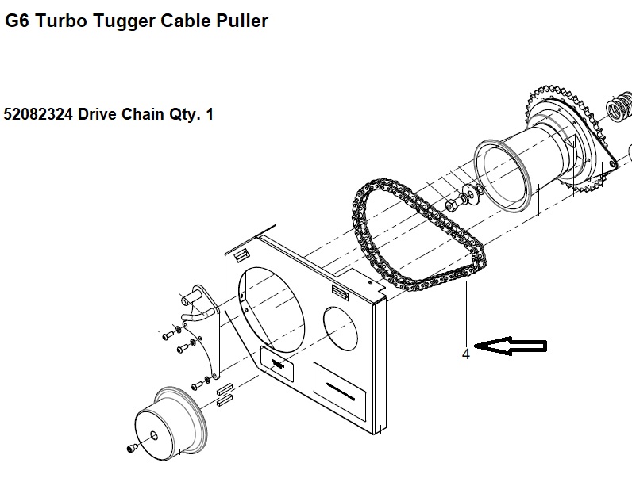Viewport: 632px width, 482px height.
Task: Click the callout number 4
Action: (466, 354)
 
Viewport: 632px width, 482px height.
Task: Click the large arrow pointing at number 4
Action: (512, 346)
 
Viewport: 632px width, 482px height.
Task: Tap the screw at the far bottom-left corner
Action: (130, 450)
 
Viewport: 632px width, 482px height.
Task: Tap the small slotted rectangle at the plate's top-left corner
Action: (242, 253)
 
